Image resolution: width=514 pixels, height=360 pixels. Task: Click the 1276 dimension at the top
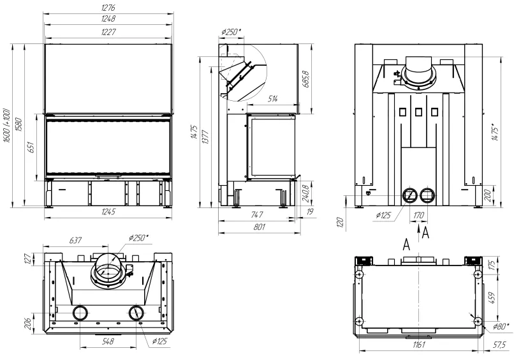pos(108,7)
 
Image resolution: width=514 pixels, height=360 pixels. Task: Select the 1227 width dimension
pos(108,32)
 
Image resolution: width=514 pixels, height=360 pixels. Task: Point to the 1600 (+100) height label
pos(7,126)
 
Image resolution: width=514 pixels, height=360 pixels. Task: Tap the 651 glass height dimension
pos(31,148)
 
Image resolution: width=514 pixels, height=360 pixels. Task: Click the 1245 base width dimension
pos(108,212)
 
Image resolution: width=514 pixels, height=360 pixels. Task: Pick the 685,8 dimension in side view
pos(307,79)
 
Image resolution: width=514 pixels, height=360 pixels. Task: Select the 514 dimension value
pos(272,98)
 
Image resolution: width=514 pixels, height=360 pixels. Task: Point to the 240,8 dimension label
pos(305,193)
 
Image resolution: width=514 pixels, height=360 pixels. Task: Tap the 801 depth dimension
pos(259,227)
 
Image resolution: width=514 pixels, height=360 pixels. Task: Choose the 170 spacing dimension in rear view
pos(418,215)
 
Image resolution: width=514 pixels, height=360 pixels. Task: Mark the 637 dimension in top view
pos(75,241)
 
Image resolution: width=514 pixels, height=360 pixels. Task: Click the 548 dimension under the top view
pos(108,341)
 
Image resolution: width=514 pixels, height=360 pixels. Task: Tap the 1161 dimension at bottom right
pos(418,345)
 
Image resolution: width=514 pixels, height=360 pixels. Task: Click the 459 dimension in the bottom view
pos(493,297)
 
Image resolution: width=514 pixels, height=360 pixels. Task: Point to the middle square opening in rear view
pos(418,112)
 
